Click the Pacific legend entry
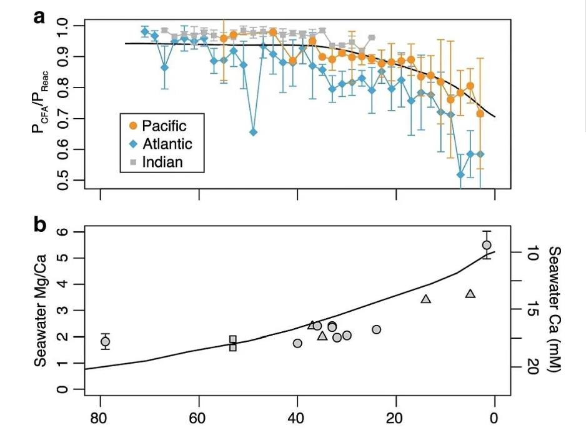[x=158, y=126]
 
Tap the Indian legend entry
[x=157, y=162]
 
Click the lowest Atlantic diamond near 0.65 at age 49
[x=253, y=132]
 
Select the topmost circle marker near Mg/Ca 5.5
[x=487, y=245]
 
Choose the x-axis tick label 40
[x=297, y=417]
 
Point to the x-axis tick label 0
[x=495, y=417]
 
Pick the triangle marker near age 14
[x=426, y=299]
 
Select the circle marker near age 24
[x=376, y=329]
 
